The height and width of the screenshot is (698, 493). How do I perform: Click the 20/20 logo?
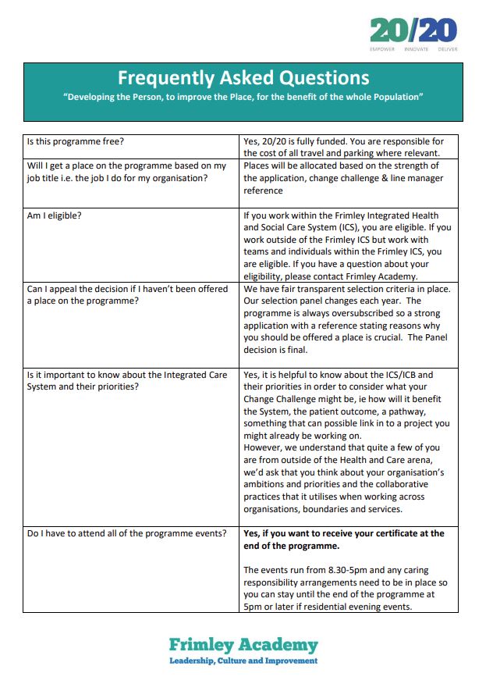413,31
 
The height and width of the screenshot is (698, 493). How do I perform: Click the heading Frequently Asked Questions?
243,78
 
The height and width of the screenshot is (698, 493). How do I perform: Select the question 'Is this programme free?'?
76,141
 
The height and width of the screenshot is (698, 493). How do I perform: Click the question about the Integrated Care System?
126,380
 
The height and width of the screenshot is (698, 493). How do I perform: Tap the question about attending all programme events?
126,533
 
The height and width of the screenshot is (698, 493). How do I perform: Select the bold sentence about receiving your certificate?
343,540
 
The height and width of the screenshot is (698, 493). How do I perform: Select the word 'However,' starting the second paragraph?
264,447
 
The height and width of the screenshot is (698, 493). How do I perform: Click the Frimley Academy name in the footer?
243,645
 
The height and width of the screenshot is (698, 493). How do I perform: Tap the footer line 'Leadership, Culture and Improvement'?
243,661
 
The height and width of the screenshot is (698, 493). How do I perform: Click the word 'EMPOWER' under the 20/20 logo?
383,48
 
